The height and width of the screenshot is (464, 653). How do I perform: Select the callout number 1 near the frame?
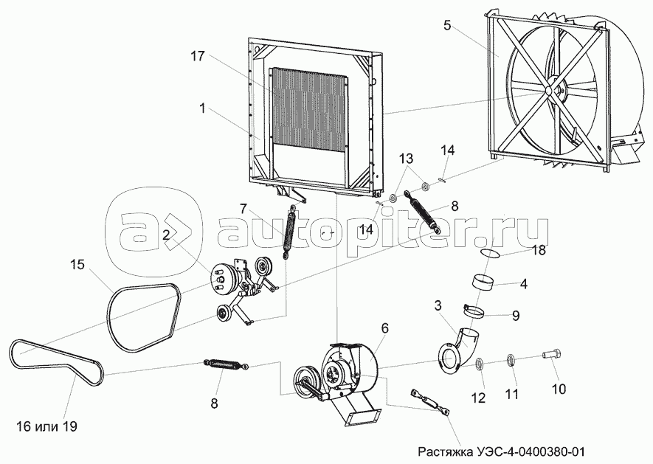coord(201,108)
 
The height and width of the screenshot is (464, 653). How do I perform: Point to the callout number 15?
coord(78,264)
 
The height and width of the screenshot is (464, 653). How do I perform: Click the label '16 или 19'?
coord(46,426)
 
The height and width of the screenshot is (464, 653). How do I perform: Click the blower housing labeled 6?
coord(350,369)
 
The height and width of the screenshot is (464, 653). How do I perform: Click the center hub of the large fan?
coord(549,90)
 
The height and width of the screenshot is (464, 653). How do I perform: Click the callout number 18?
coord(539,251)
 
